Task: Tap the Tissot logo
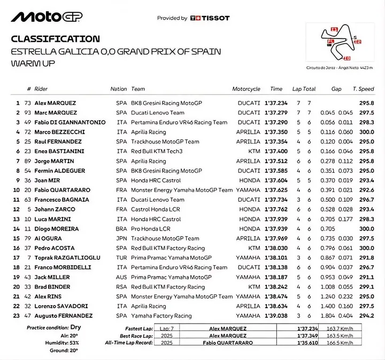coord(210,18)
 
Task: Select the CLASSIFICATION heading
coord(55,39)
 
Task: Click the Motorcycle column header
coord(246,89)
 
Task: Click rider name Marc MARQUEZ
coord(56,113)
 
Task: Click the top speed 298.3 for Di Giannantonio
coord(367,122)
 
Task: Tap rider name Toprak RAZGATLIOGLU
coord(67,258)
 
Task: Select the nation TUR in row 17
coord(121,258)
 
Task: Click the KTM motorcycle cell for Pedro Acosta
coord(254,248)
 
